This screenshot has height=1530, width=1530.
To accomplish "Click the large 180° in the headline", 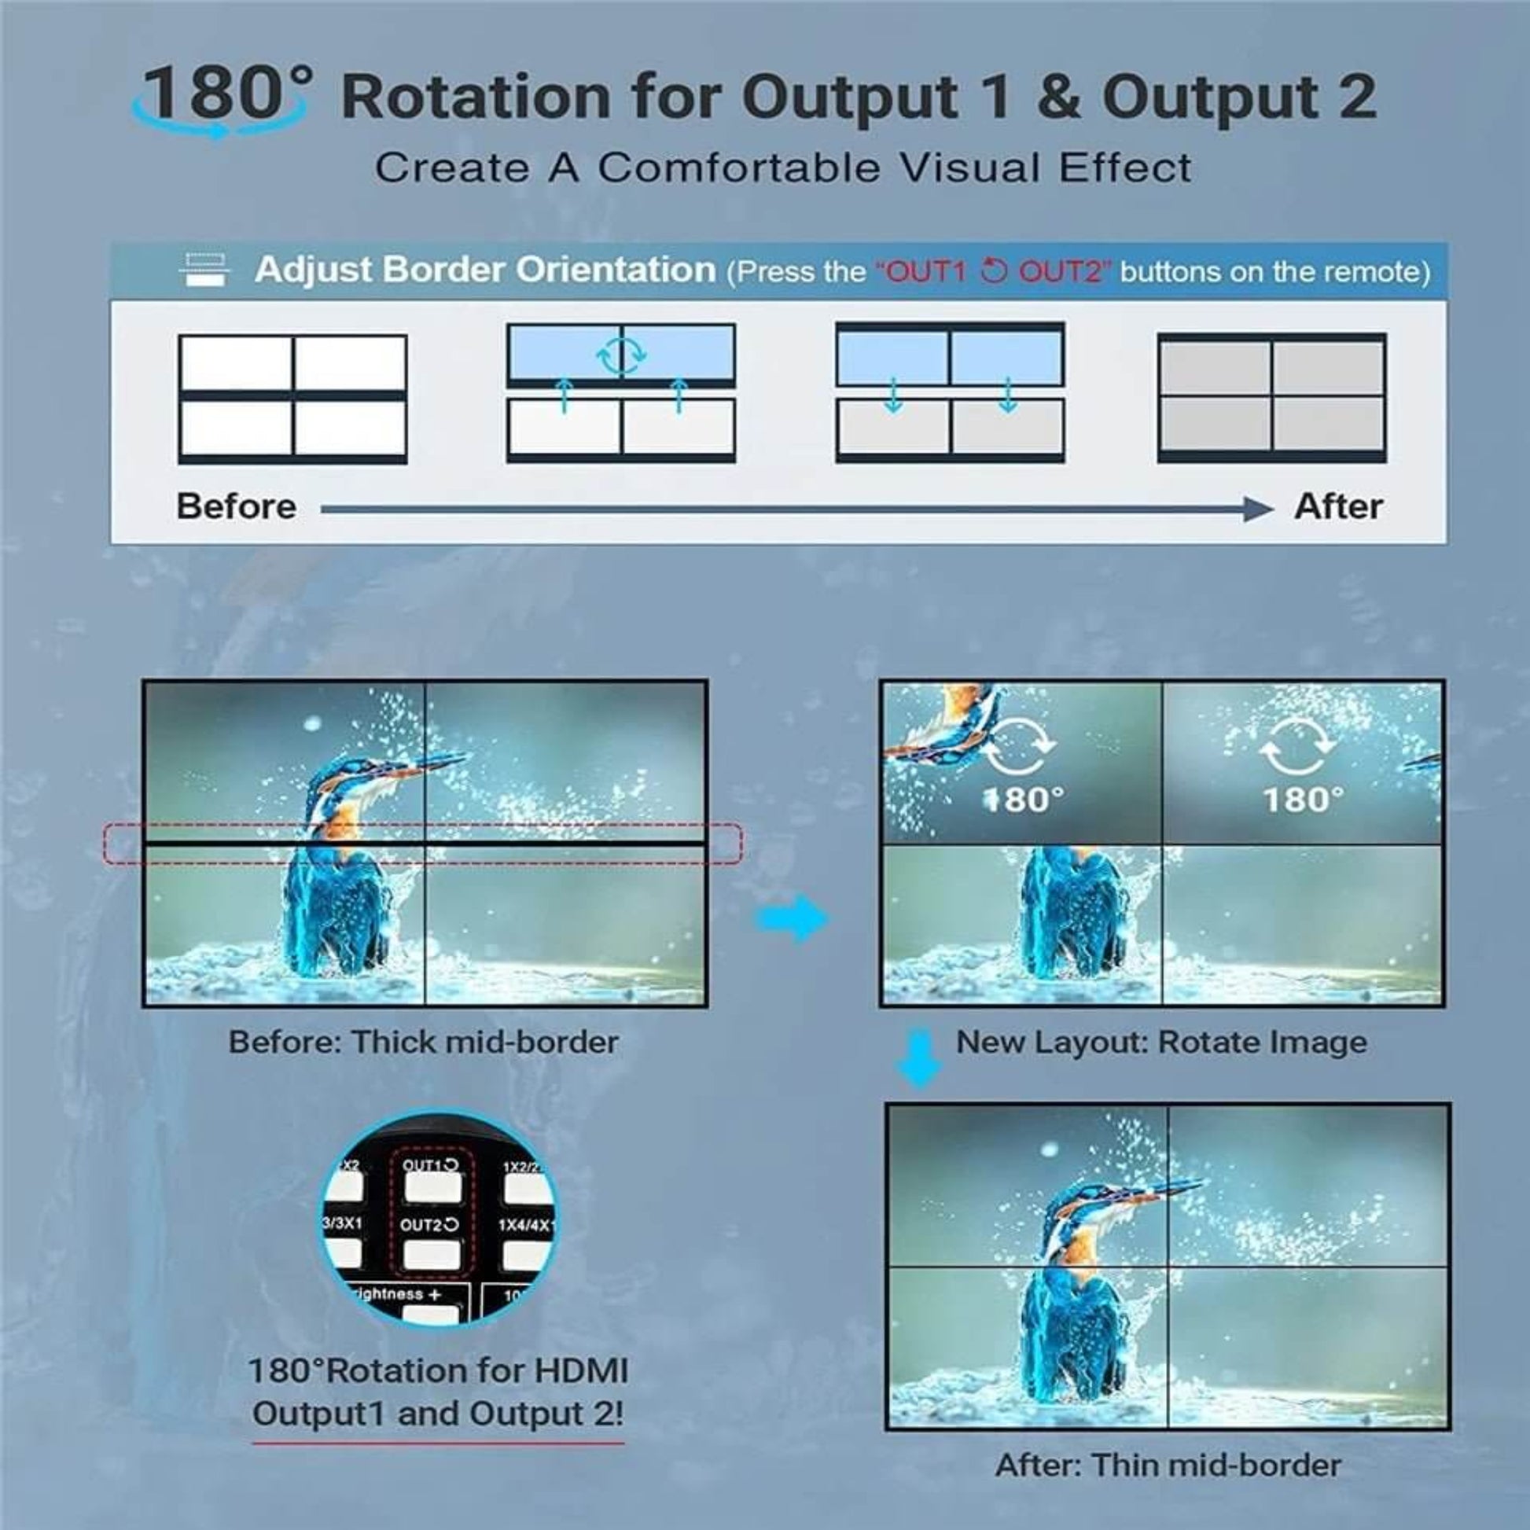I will tap(226, 94).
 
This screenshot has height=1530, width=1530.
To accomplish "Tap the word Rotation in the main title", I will tap(475, 97).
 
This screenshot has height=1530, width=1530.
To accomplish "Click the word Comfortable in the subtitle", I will tap(737, 168).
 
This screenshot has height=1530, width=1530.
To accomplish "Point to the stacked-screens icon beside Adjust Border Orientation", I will tap(204, 269).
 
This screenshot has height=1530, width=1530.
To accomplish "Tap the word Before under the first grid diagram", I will tap(236, 507).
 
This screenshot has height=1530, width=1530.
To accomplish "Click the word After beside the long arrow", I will tap(1337, 507).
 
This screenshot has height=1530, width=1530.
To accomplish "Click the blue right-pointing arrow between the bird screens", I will tap(792, 918).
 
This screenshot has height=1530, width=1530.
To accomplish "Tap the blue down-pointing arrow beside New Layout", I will tap(918, 1058).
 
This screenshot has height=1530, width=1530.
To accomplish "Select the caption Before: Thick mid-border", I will tap(424, 1043).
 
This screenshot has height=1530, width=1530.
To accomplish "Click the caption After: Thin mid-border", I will tap(1168, 1465).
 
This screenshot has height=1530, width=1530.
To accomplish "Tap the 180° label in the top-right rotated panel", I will tap(1303, 800).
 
